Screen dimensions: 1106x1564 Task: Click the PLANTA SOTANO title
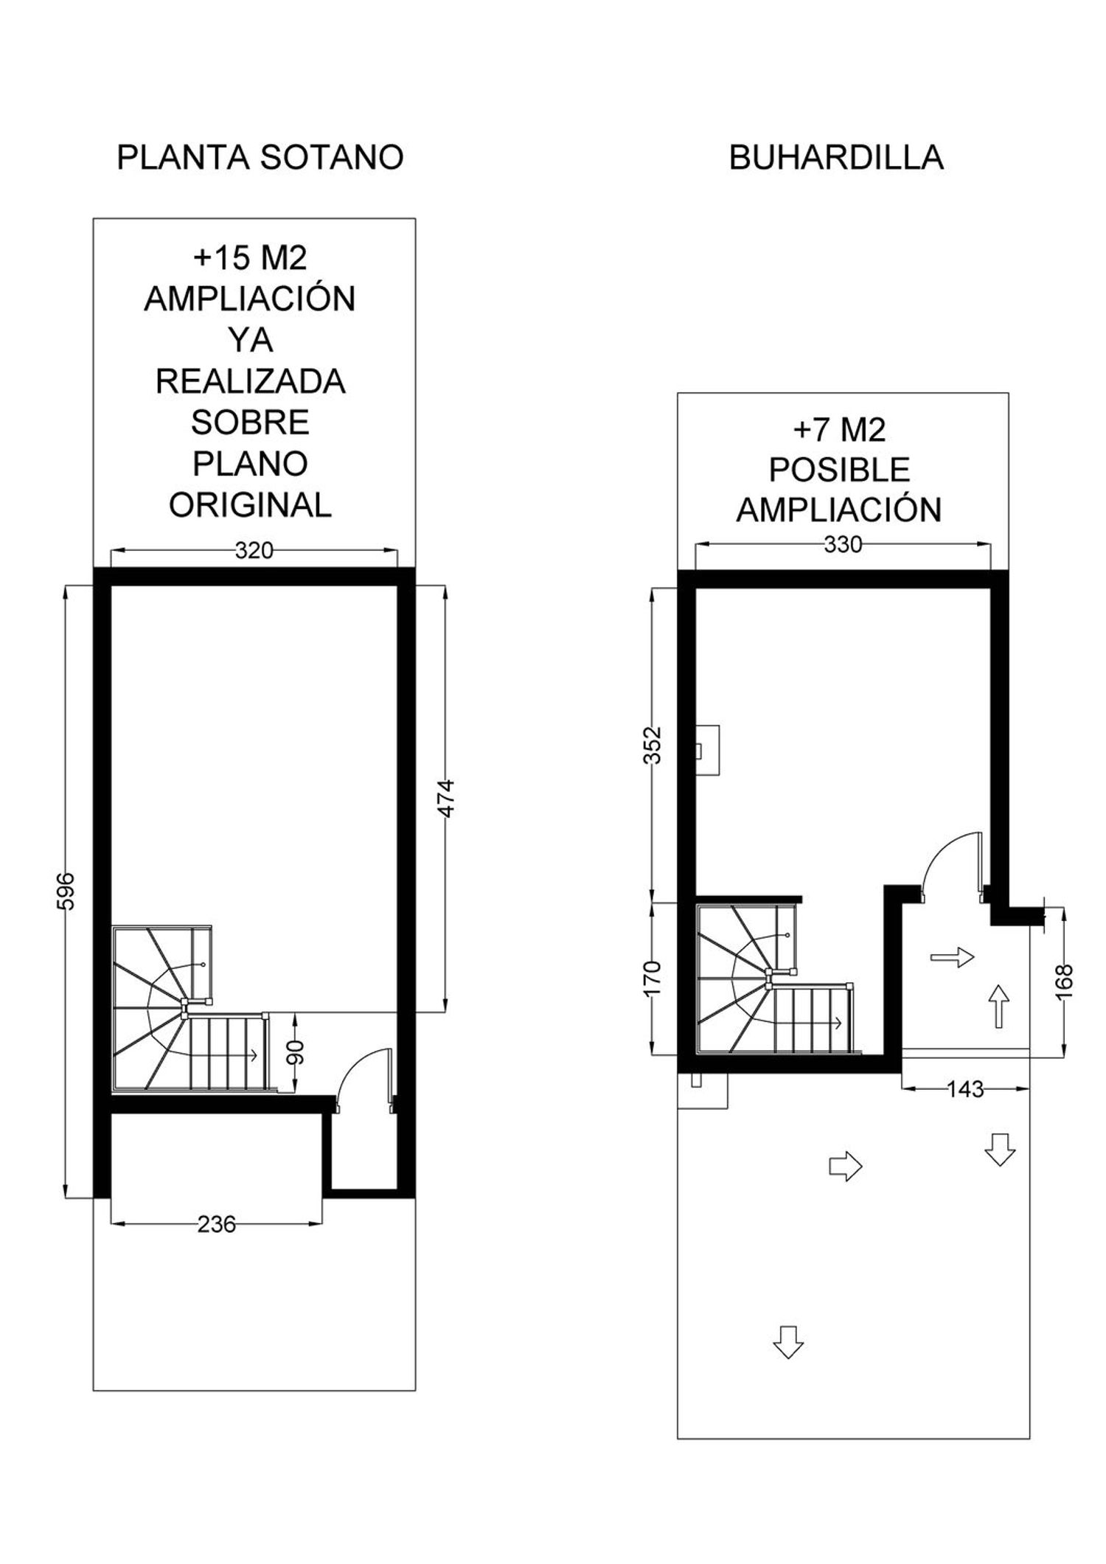point(260,158)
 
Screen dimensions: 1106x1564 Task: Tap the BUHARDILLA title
point(836,158)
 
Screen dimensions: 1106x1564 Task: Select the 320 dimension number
point(254,550)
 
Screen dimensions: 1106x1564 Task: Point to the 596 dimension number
point(66,891)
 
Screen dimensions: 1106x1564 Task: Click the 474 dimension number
point(447,798)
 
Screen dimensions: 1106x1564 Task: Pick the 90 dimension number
point(296,1052)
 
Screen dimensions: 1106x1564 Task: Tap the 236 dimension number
point(217,1225)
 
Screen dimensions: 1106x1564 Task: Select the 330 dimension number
point(843,544)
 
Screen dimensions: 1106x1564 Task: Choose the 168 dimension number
point(1064,981)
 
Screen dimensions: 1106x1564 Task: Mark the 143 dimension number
point(965,1089)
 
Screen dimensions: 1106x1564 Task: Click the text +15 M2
point(250,258)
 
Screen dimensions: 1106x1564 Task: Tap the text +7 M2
point(839,429)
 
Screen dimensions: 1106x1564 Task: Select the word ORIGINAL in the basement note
point(250,505)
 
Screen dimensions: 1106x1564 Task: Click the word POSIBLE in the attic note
point(839,470)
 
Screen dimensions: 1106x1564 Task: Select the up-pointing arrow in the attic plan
point(998,1006)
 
